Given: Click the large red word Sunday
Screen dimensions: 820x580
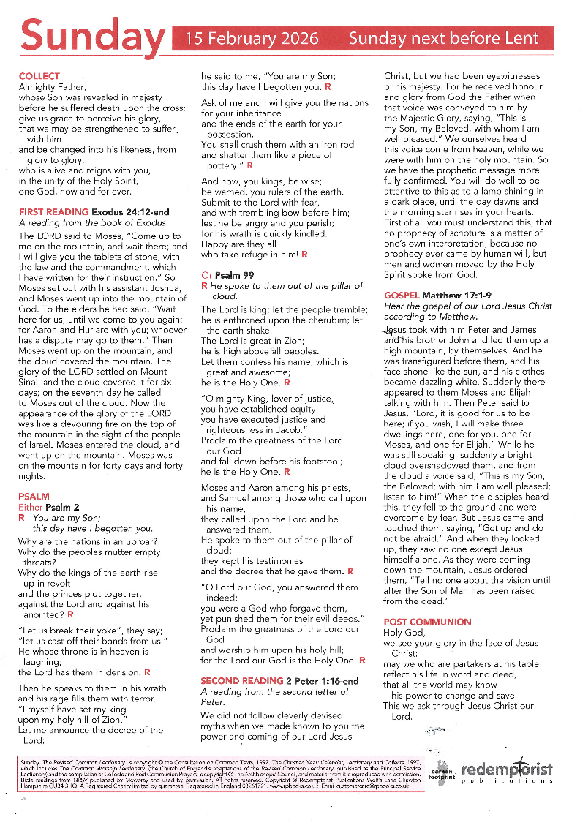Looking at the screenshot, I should (94, 37).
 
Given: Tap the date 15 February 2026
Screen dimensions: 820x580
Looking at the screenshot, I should (252, 39).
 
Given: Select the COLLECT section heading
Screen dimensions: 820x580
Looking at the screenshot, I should (39, 76).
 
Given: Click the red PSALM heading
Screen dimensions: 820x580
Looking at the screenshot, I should (34, 497).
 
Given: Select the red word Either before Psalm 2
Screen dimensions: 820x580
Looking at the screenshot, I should (30, 507).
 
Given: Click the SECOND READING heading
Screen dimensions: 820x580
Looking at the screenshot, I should (241, 681).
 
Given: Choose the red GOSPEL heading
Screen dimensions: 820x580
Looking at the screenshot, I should (402, 296).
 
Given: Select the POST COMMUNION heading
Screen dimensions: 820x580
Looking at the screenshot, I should (427, 622).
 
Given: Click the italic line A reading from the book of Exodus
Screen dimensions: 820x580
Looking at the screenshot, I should (93, 222).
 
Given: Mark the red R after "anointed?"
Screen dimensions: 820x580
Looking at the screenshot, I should (70, 614).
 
